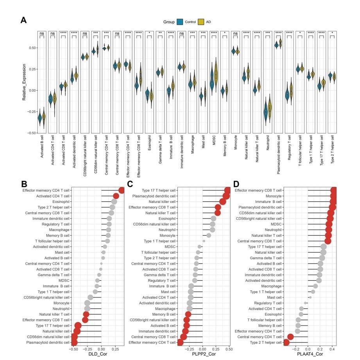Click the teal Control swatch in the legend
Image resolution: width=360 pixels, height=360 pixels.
point(180,21)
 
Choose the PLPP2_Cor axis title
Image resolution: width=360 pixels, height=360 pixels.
point(202,354)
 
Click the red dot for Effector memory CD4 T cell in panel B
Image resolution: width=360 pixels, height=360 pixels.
point(122,190)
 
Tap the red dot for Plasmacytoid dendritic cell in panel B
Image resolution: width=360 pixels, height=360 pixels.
point(74,342)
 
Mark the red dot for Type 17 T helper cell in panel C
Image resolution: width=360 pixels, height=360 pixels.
point(227,190)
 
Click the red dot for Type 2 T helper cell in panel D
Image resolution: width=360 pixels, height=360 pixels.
point(286,342)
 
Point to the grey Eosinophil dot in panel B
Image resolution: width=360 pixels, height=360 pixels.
point(114,202)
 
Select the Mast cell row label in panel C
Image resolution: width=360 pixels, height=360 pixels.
point(169,292)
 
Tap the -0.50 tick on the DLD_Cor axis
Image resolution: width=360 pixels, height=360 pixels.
point(73,349)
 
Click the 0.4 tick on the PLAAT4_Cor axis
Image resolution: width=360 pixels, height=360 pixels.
point(332,349)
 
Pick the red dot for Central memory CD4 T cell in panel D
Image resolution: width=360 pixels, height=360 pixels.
point(290,337)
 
